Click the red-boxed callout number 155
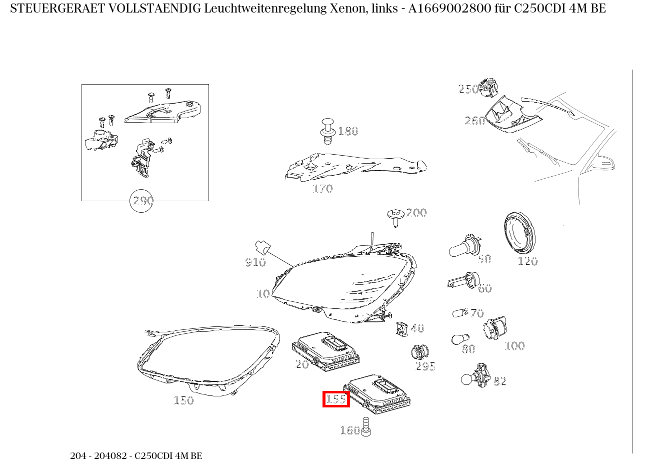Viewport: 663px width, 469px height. pos(336,399)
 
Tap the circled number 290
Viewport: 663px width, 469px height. pos(141,201)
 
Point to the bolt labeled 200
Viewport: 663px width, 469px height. pos(395,217)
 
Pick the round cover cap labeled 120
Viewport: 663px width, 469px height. pos(518,233)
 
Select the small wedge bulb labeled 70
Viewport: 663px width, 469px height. pos(459,313)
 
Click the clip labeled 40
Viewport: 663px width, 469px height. pos(402,328)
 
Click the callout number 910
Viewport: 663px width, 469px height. pos(255,262)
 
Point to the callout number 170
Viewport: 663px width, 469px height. pos(322,189)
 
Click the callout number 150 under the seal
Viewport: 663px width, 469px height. pos(183,400)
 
